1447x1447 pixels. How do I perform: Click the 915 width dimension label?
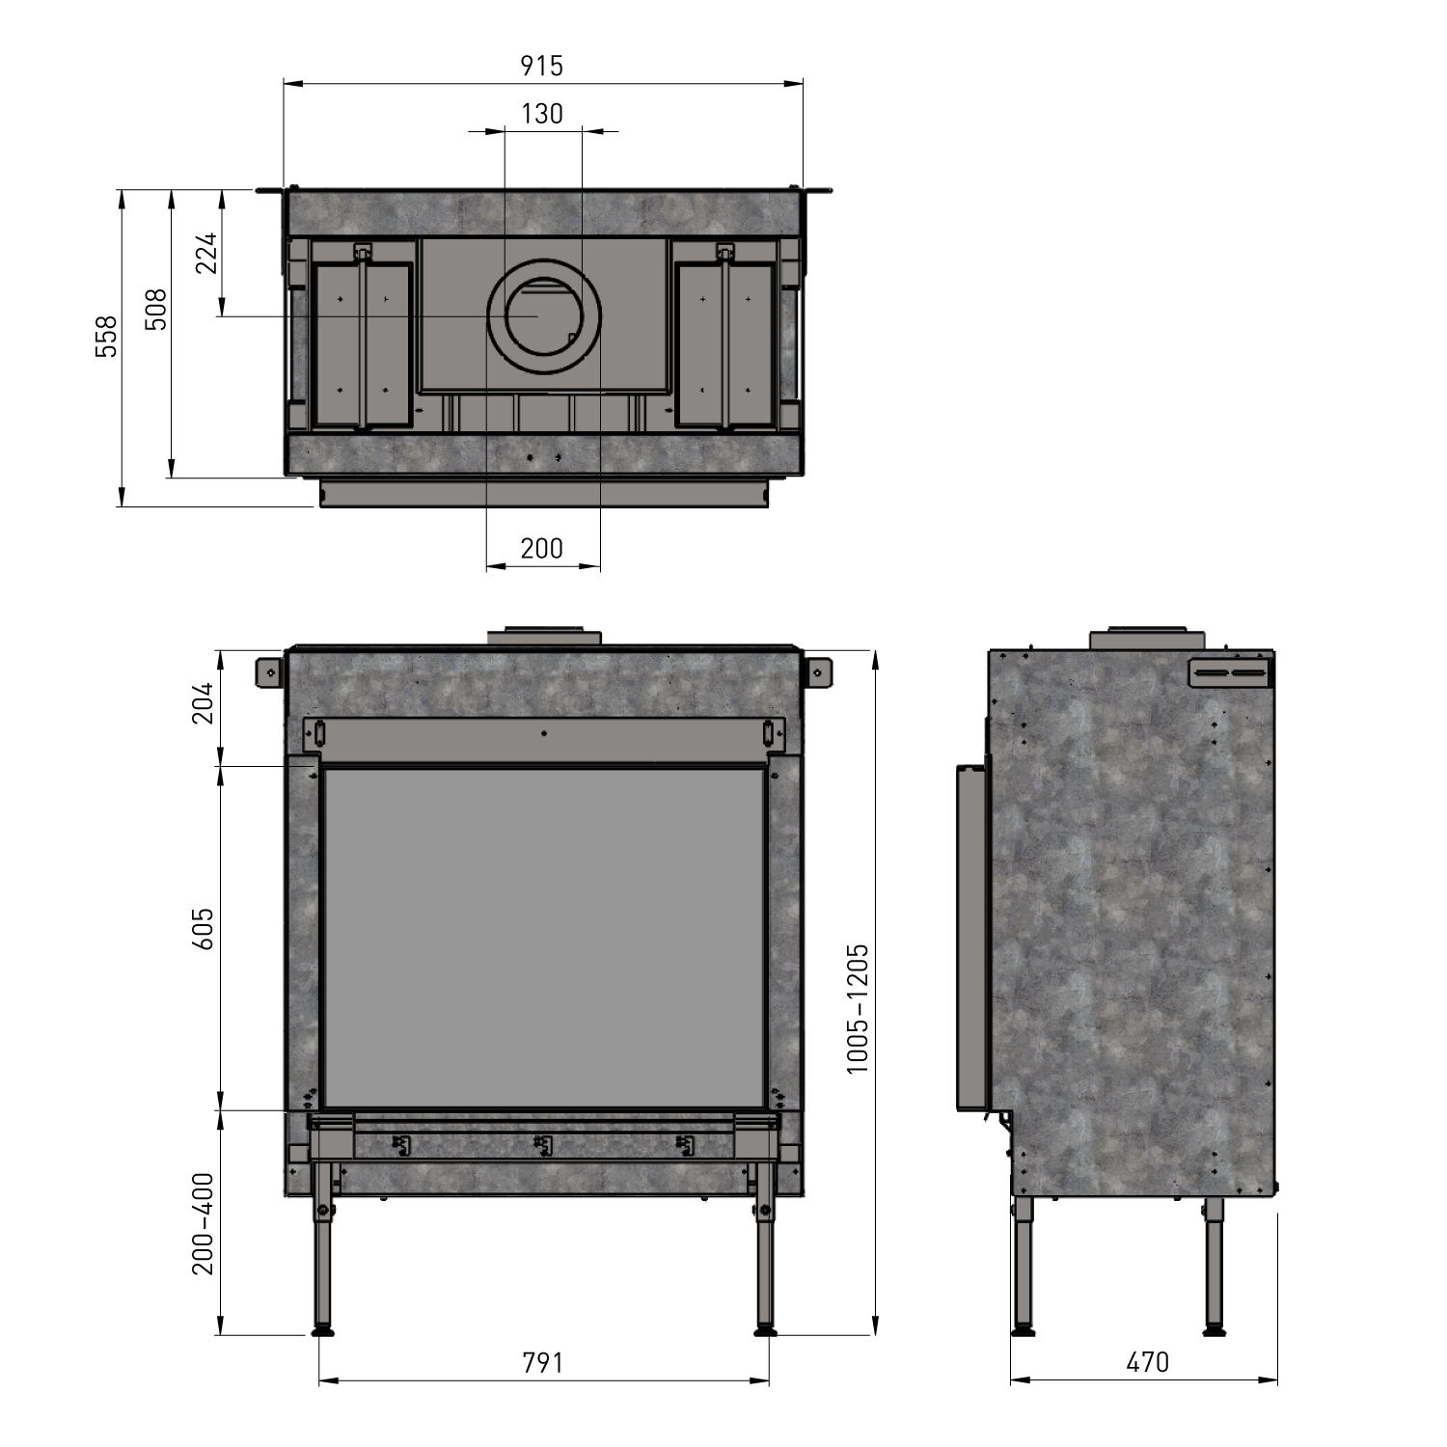tap(541, 66)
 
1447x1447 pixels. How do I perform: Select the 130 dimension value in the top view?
tap(541, 114)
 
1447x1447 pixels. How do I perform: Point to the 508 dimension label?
tap(156, 310)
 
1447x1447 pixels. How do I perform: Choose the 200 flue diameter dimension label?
tap(541, 548)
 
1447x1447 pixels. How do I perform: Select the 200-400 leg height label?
tap(203, 1224)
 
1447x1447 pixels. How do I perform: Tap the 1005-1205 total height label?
tap(858, 1008)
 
